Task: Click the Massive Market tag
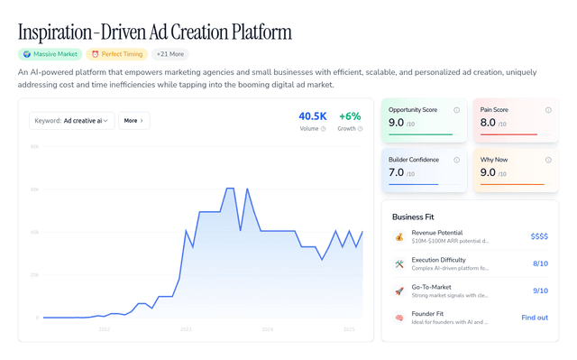point(49,54)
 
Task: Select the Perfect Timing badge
point(115,54)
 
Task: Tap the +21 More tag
point(171,54)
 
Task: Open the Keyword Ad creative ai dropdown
point(71,120)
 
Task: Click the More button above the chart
point(133,120)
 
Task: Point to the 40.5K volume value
point(313,116)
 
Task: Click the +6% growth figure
point(349,116)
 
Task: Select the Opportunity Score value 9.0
point(396,123)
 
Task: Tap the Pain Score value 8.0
point(488,123)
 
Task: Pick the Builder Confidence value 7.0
point(396,172)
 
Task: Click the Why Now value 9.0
point(488,172)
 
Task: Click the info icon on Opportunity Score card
point(457,110)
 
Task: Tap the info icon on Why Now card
point(548,160)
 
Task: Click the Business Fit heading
point(419,217)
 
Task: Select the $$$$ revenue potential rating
point(539,236)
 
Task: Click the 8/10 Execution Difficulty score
point(540,263)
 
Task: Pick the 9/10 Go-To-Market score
point(540,291)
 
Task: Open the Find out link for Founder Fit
point(535,318)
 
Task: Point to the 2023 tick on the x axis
point(186,329)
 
